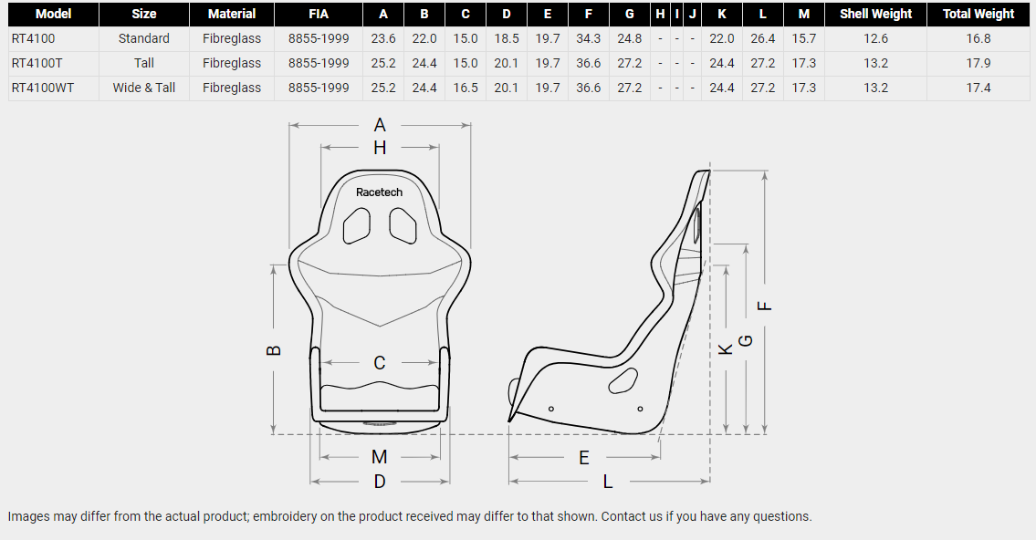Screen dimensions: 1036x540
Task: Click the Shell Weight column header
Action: pyautogui.click(x=875, y=14)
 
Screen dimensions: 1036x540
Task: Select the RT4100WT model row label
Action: pyautogui.click(x=43, y=88)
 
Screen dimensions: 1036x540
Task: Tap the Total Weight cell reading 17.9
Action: pyautogui.click(x=978, y=63)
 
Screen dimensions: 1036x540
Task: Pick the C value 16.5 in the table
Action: pyautogui.click(x=466, y=88)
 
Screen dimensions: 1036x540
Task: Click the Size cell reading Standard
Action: pyautogui.click(x=144, y=38)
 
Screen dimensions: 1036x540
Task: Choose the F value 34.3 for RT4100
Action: pyautogui.click(x=588, y=38)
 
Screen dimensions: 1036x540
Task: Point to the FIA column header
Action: pyautogui.click(x=319, y=14)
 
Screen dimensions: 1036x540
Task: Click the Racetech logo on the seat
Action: pyautogui.click(x=379, y=192)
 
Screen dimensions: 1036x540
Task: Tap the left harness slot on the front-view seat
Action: pyautogui.click(x=357, y=226)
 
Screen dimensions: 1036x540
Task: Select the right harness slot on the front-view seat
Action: pyautogui.click(x=403, y=226)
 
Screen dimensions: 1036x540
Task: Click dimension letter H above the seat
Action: pyautogui.click(x=380, y=148)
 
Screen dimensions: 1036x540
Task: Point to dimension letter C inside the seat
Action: pyautogui.click(x=379, y=363)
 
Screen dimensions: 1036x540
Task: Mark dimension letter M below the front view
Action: pyautogui.click(x=379, y=457)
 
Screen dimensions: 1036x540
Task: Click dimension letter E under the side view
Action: pyautogui.click(x=584, y=458)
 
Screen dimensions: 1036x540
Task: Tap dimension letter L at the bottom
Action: pyautogui.click(x=608, y=482)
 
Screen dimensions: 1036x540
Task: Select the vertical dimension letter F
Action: pyautogui.click(x=764, y=306)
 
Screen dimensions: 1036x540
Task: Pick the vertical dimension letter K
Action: pyautogui.click(x=726, y=349)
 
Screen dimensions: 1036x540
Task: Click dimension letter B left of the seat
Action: pyautogui.click(x=274, y=350)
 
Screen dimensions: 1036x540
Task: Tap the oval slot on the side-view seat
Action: pyautogui.click(x=623, y=380)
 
